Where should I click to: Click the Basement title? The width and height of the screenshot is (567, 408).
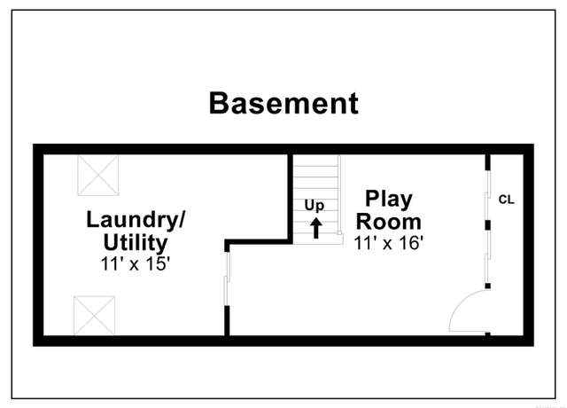[x=283, y=104]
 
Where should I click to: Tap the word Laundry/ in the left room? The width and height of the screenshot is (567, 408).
[x=136, y=220]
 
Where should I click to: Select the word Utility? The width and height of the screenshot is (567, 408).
[x=136, y=242]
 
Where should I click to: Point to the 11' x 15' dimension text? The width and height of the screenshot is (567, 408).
[x=136, y=263]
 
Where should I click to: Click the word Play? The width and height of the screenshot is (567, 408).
[x=389, y=199]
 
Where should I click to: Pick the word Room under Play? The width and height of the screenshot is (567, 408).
[x=389, y=222]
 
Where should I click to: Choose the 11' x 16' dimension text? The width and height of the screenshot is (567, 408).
[x=389, y=242]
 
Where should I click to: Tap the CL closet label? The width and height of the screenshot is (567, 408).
[x=506, y=200]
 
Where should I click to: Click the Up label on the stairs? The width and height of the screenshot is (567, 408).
[x=315, y=206]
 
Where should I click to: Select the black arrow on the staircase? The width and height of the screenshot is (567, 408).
[x=316, y=228]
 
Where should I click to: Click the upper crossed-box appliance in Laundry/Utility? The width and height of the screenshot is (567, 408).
[x=98, y=176]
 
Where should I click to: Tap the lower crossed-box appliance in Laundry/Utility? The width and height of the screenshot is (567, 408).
[x=95, y=316]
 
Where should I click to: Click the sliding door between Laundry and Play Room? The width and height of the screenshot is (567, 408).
[x=227, y=279]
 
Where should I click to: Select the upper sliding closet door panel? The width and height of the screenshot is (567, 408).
[x=487, y=195]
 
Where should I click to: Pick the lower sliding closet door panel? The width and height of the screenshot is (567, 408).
[x=487, y=256]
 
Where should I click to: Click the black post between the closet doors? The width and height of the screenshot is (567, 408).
[x=487, y=225]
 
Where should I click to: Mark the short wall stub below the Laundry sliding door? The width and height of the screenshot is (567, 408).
[x=227, y=321]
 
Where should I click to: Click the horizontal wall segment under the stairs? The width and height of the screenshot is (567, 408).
[x=259, y=242]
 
